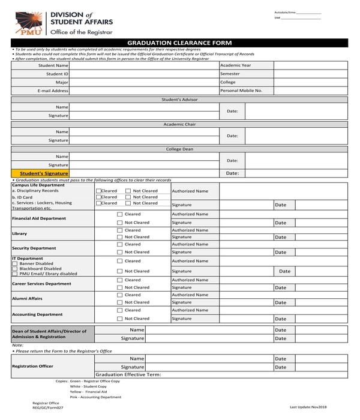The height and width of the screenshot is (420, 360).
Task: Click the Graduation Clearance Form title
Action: [x=179, y=43]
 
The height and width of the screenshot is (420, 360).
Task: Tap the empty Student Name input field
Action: [x=144, y=65]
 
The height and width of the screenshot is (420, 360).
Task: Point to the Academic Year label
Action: [x=236, y=65]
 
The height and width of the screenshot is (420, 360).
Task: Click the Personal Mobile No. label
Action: [x=241, y=91]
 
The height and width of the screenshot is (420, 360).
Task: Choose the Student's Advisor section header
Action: [x=179, y=100]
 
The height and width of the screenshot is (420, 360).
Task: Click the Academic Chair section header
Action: [x=179, y=124]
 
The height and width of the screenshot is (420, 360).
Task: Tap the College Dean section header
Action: [x=179, y=149]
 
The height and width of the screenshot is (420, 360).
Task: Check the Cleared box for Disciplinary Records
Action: [x=98, y=191]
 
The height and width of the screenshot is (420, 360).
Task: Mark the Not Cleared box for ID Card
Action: [x=128, y=197]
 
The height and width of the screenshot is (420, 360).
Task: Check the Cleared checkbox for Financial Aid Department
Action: [x=119, y=214]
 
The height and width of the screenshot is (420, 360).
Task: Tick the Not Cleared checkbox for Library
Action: [x=119, y=237]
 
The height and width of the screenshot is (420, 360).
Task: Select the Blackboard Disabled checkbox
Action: [x=15, y=268]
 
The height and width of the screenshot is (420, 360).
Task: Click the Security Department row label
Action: [x=34, y=248]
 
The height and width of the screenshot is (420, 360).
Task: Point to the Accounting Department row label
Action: [x=37, y=314]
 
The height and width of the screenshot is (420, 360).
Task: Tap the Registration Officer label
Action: [x=32, y=366]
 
